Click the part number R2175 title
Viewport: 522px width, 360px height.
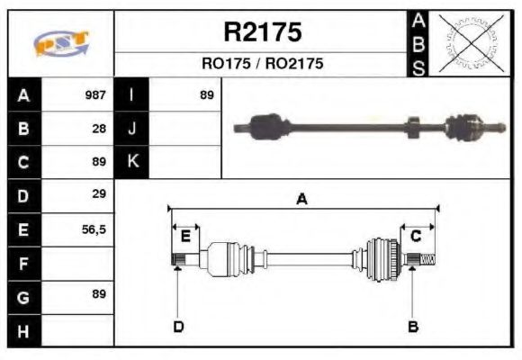point(262,32)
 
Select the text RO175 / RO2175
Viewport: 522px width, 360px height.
point(262,65)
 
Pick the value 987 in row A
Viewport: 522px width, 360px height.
point(95,94)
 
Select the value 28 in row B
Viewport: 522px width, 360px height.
point(99,128)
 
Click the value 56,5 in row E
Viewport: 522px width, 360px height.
point(94,229)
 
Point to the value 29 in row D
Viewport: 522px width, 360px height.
point(99,194)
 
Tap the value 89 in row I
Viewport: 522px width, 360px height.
point(207,94)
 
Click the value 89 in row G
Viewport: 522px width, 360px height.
point(99,294)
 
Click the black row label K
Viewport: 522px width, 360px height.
point(132,161)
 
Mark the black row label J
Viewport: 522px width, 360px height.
point(132,128)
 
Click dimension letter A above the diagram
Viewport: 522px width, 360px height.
point(302,200)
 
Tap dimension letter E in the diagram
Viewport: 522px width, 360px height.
point(185,237)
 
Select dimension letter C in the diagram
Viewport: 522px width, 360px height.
point(416,236)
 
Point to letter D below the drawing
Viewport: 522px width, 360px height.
point(178,326)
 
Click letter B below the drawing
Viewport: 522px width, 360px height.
point(413,326)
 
